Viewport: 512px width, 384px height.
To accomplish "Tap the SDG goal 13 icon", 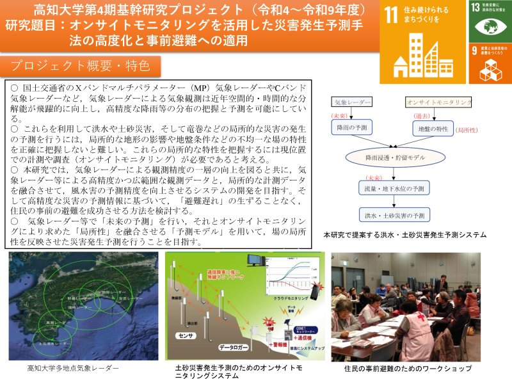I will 490,20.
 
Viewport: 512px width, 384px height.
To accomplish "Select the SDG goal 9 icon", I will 490,63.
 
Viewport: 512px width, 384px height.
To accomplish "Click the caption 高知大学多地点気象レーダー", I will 73,369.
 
